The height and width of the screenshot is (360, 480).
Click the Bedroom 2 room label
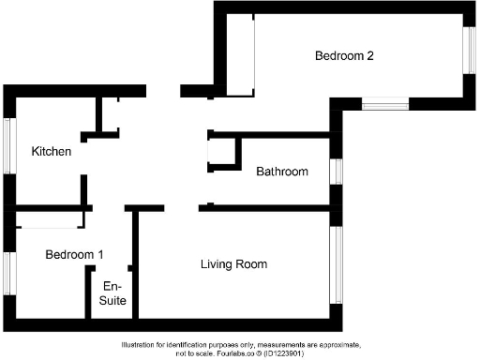(x=344, y=56)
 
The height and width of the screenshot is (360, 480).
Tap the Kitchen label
(x=52, y=151)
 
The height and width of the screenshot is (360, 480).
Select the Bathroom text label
(x=282, y=172)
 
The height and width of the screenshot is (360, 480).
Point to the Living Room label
(x=233, y=264)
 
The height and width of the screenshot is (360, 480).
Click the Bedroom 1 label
(x=75, y=254)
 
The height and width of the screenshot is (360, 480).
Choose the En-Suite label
(x=112, y=293)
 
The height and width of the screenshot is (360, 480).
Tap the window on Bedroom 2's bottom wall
(x=384, y=104)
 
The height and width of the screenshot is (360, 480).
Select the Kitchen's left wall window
(x=8, y=145)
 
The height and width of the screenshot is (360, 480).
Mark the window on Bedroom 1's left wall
(x=8, y=274)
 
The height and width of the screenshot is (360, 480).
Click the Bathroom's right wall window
(x=335, y=172)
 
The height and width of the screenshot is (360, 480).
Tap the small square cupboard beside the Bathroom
(x=222, y=153)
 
